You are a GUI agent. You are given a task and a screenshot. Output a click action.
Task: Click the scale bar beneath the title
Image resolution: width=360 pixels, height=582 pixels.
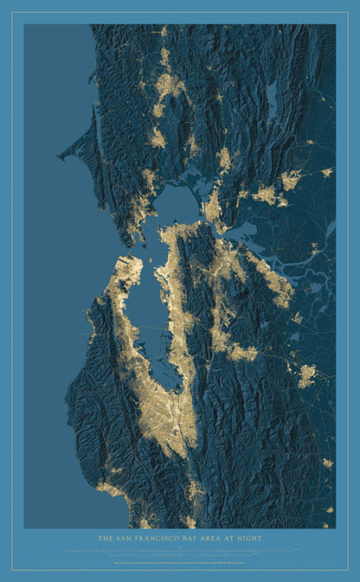pyautogui.click(x=179, y=550)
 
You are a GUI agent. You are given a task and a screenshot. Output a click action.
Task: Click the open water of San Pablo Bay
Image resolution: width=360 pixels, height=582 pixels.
pyautogui.click(x=178, y=204)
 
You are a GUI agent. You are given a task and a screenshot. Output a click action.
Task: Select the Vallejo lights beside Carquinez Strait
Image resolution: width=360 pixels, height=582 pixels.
pyautogui.click(x=213, y=208)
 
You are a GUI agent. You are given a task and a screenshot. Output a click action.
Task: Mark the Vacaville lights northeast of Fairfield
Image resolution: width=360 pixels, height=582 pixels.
pyautogui.click(x=291, y=179)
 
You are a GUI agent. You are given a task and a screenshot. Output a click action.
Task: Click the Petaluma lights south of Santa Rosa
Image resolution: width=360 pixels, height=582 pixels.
pyautogui.click(x=157, y=137)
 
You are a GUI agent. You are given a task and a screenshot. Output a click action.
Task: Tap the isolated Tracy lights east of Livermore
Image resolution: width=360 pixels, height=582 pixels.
pyautogui.click(x=306, y=375)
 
